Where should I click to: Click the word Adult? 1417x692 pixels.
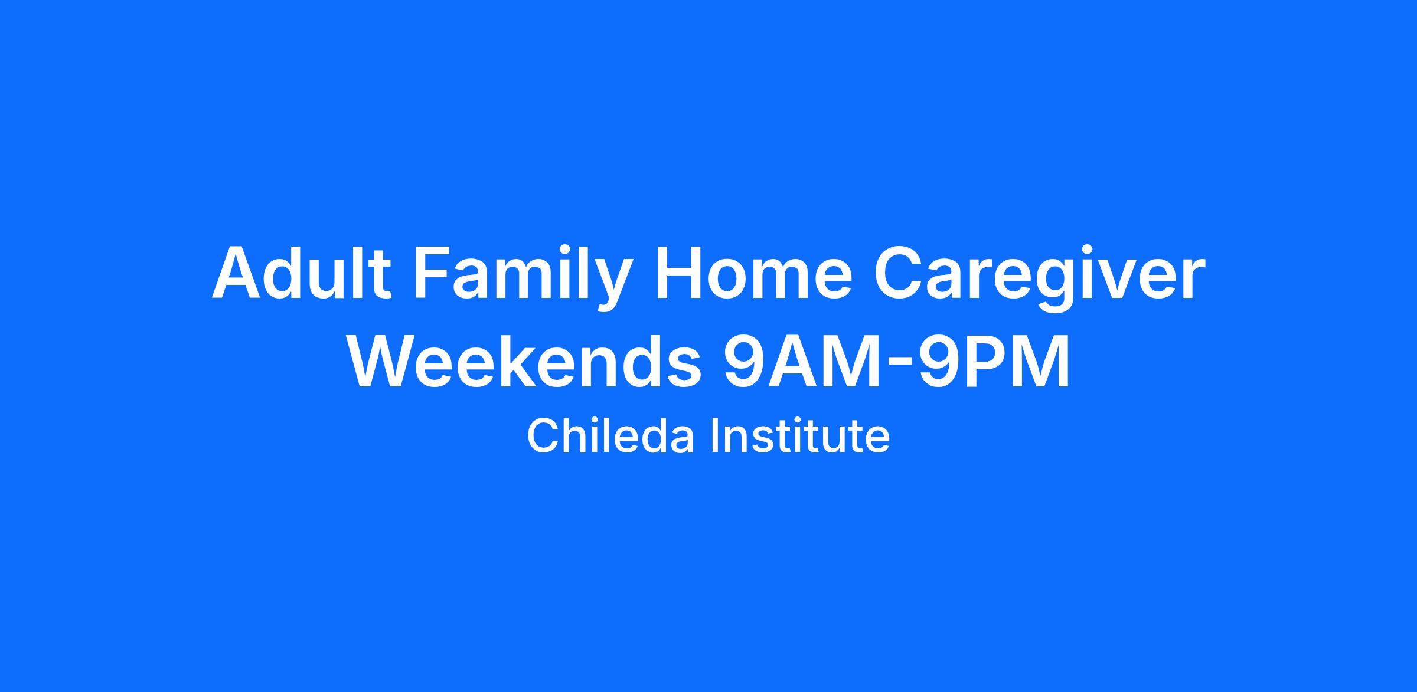pyautogui.click(x=302, y=272)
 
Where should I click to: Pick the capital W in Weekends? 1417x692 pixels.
pyautogui.click(x=386, y=360)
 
